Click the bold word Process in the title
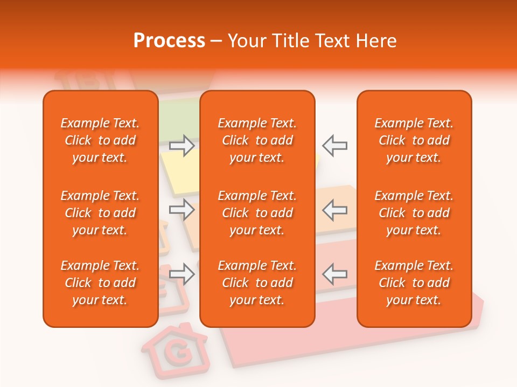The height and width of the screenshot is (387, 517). (169, 41)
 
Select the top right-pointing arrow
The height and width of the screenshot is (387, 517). (182, 146)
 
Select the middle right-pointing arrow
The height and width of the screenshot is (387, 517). (182, 210)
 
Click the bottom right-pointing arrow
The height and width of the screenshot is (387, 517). (182, 274)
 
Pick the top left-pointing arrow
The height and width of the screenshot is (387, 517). (334, 146)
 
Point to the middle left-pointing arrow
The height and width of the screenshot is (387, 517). (334, 210)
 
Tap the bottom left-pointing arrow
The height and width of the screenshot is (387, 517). (334, 274)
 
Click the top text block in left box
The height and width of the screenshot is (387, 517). (100, 140)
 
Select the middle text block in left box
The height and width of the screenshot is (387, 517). (100, 213)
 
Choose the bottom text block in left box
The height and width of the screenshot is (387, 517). (100, 283)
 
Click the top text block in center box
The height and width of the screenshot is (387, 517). (257, 140)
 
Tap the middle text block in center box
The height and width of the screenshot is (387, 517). (257, 213)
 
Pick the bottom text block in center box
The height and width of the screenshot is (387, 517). (257, 283)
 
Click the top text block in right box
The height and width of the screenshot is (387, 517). (414, 140)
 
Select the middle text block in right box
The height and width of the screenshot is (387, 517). (414, 213)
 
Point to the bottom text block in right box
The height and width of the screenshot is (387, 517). (414, 283)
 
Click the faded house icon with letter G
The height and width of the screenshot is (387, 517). (175, 350)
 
